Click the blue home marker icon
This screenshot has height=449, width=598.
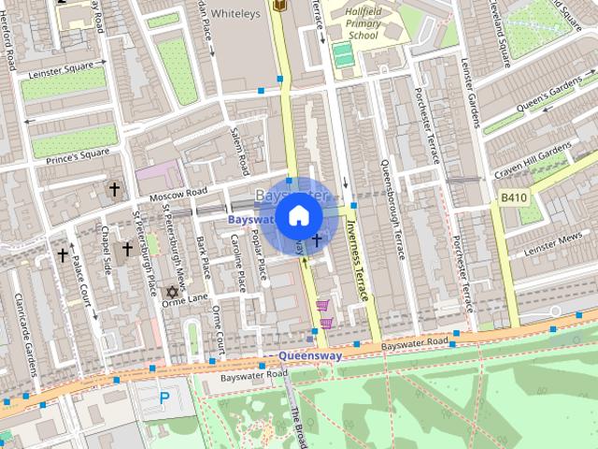tap(298, 216)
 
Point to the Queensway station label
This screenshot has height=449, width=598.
tap(310, 356)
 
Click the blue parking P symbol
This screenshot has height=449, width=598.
tap(164, 398)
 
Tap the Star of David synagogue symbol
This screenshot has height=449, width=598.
tap(170, 293)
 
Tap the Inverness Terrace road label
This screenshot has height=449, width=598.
tap(357, 262)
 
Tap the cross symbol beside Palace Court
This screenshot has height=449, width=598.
tap(63, 254)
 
